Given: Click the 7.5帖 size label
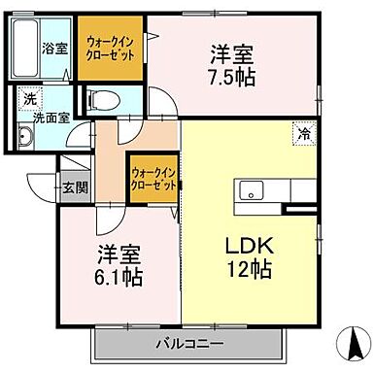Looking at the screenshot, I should pos(231,77).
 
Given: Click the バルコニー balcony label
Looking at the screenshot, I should pos(189,343).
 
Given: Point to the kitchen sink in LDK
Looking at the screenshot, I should pos(251,188).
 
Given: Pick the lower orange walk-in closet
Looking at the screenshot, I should pos(152,179).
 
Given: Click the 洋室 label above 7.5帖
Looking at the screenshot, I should pos(231,53).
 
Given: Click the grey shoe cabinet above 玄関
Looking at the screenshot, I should pos(73,165).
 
